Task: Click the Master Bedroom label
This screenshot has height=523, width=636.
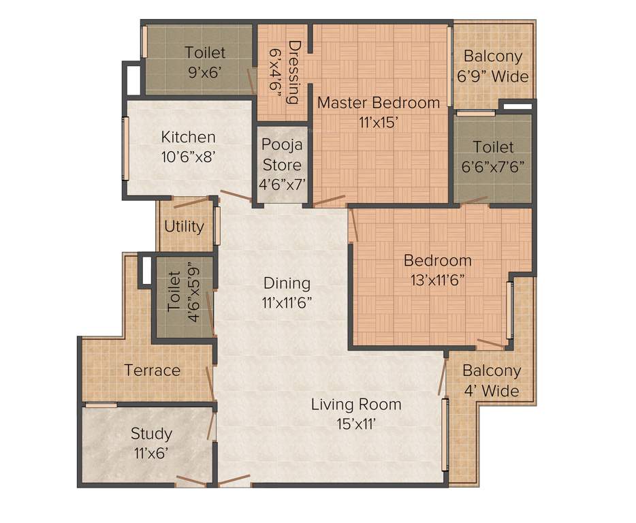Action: (379, 103)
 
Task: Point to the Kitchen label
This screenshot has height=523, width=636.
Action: (189, 137)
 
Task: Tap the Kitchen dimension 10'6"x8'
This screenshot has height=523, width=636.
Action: (189, 156)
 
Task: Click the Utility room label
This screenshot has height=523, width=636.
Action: (184, 226)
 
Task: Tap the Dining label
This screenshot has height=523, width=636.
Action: (287, 283)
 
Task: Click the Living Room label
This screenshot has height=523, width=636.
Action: (356, 405)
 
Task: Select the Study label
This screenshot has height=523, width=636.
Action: (151, 433)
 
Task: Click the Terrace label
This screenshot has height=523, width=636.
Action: (152, 370)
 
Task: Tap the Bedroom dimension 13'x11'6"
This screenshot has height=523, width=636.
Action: (437, 279)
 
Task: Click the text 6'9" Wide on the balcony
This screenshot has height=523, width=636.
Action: (493, 76)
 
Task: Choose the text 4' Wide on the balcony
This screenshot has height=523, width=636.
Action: (492, 391)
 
